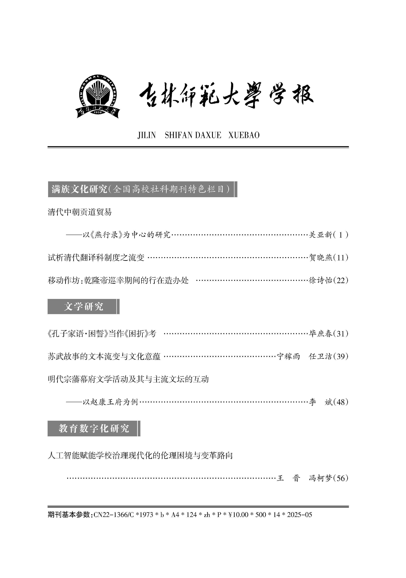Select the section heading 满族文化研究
pos(80,189)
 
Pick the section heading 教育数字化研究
pos(94,428)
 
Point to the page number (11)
pos(341,258)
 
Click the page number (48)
pos(341,402)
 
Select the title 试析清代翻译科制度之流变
pos(96,258)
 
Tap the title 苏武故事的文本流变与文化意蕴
pos(104,356)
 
